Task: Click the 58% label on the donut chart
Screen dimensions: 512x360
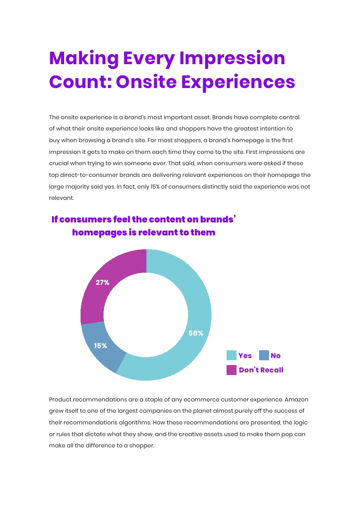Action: (196, 333)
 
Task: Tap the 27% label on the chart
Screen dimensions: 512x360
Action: (103, 282)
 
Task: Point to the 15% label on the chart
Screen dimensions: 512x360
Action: (101, 346)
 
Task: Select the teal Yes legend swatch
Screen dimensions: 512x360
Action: (231, 355)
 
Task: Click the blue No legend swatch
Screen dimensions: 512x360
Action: (264, 355)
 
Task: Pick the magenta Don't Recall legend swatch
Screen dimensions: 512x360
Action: (231, 370)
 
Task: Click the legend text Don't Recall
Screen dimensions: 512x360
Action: (261, 370)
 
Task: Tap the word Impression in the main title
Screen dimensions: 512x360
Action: (232, 58)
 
